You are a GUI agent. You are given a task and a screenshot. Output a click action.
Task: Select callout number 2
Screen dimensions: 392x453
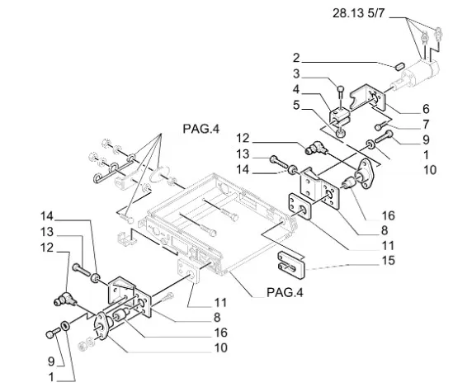click(x=296, y=58)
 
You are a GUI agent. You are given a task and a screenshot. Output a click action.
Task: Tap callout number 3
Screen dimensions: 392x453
click(x=296, y=73)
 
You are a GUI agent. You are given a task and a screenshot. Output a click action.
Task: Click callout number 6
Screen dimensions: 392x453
click(x=426, y=108)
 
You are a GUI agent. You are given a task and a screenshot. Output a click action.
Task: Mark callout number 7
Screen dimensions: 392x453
click(x=426, y=125)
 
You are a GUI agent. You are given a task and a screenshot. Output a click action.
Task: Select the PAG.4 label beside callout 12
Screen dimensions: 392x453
click(x=200, y=130)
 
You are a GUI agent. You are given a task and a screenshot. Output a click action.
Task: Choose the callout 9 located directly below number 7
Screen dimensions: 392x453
click(x=426, y=140)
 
